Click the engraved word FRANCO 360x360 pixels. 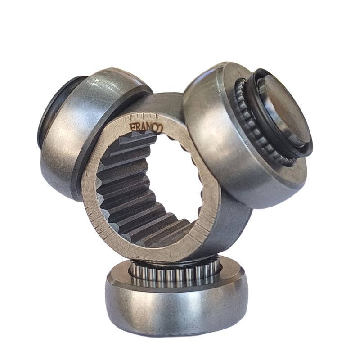click(x=146, y=127)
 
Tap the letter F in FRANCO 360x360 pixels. click(x=132, y=127)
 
